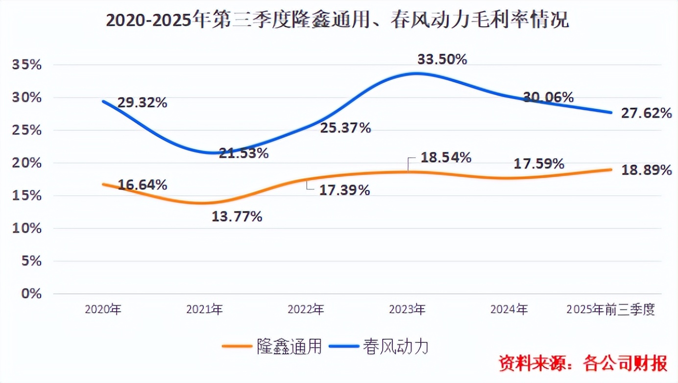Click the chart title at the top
338,21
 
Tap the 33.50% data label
442,60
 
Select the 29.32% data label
143,103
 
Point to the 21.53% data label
243,153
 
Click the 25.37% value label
345,128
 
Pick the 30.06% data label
548,97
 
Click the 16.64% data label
143,185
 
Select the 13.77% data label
237,216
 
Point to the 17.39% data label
344,191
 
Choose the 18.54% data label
446,158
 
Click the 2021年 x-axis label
204,310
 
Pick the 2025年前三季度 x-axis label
610,310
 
